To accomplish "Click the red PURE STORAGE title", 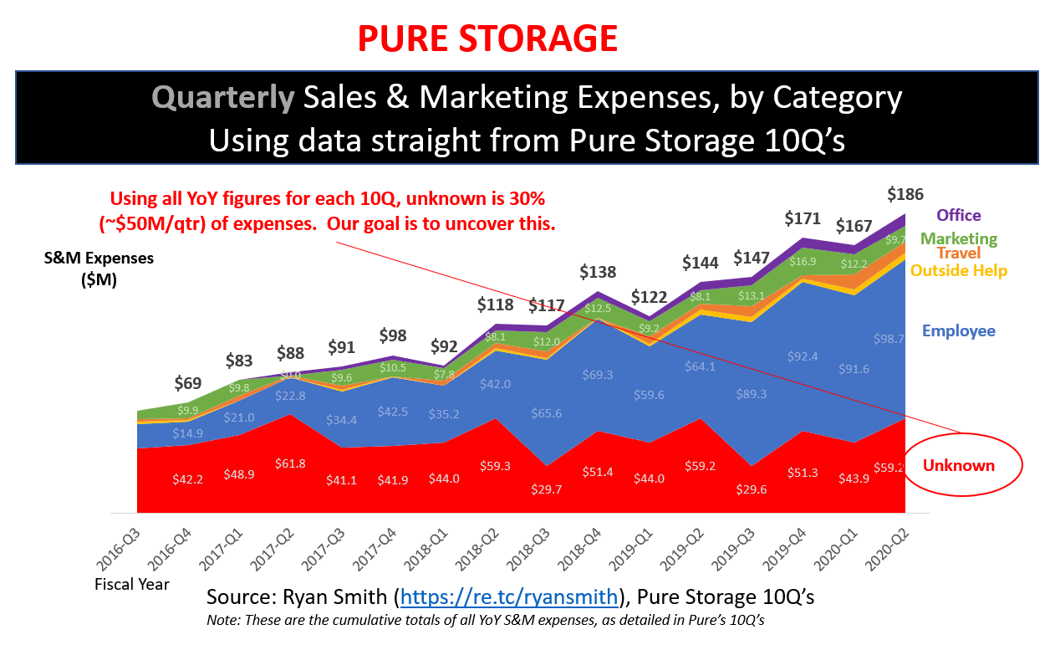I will click(487, 38).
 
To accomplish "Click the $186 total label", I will click(905, 195).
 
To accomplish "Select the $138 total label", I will click(598, 272).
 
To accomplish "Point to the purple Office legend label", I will click(959, 216).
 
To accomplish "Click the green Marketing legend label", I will click(959, 238).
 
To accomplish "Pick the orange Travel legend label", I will click(959, 253).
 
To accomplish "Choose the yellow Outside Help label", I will click(958, 270).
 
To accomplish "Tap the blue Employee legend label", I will click(958, 330).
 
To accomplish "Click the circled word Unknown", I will click(958, 465).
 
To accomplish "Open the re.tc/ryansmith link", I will click(511, 597).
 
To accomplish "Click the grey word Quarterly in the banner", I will click(223, 99).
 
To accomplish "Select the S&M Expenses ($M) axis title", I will click(99, 269).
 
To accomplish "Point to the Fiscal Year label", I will click(132, 584).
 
